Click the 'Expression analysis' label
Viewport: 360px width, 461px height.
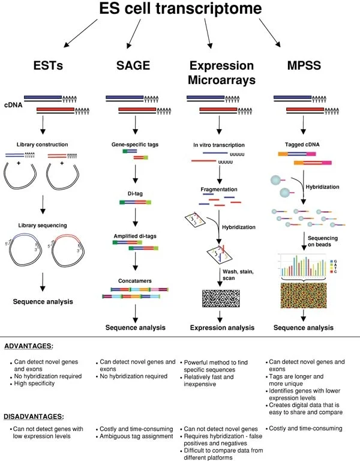tap(218, 328)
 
